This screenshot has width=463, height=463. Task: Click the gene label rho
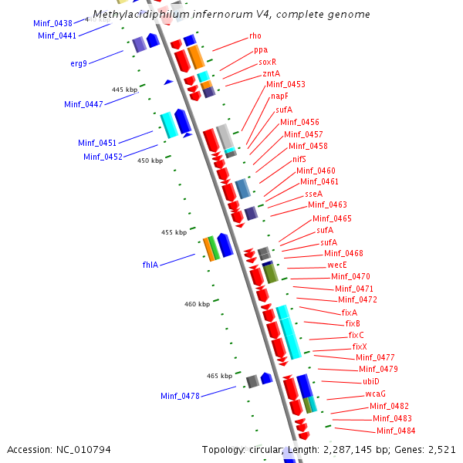pos(255,36)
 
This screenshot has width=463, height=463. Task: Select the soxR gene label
pos(267,62)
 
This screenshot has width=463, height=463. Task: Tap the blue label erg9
pos(79,63)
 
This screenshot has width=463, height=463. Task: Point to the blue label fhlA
pos(150,265)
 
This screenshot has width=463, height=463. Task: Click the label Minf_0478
pos(181,396)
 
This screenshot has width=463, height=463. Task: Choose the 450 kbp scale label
pos(150,161)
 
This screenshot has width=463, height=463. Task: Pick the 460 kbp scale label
pos(197,304)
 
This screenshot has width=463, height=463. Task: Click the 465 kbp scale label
pos(220,376)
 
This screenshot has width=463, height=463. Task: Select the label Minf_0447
pos(83,104)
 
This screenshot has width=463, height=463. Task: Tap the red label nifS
pos(299,158)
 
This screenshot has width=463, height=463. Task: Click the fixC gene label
pos(357,335)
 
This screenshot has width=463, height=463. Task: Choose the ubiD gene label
pos(371,381)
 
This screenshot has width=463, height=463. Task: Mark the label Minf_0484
pos(396,430)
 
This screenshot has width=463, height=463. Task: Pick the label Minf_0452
pos(103,157)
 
